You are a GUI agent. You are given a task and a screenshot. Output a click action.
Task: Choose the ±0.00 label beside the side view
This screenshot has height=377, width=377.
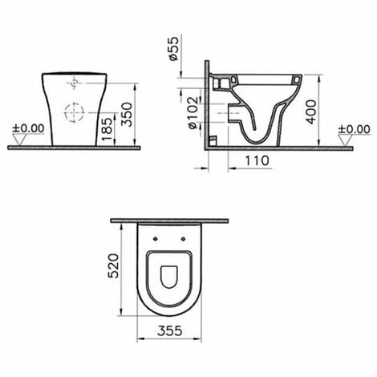coord(354,128)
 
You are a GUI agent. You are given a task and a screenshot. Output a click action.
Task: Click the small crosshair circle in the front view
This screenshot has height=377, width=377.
coord(74,83)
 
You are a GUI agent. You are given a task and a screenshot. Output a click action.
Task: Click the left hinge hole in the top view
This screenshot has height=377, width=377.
coord(152,237)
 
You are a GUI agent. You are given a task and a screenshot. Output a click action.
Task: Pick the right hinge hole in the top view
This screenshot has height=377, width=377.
coord(184,237)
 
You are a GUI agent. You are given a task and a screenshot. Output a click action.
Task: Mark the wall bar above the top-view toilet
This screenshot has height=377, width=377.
coord(168,220)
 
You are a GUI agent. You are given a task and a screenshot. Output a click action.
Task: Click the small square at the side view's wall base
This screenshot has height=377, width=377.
coord(213,143)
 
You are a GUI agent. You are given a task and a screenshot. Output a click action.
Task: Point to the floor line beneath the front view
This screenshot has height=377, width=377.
coord(74,148)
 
